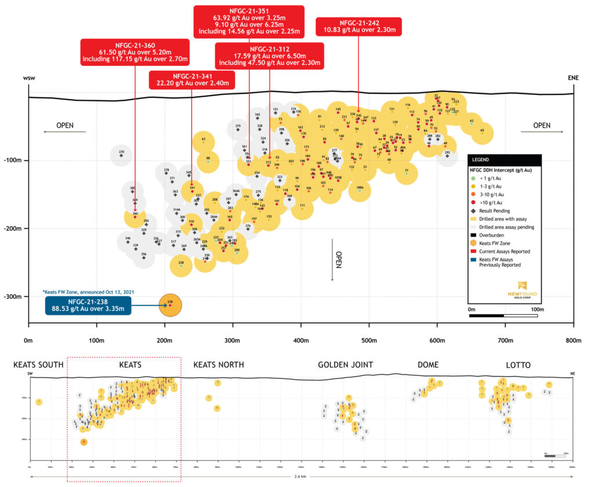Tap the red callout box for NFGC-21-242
358,26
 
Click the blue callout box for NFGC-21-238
88,305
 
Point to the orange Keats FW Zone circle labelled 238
170,306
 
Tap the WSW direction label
30,78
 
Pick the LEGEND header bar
505,160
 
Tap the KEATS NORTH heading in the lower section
218,365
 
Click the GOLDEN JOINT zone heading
345,365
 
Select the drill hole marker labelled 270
121,155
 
